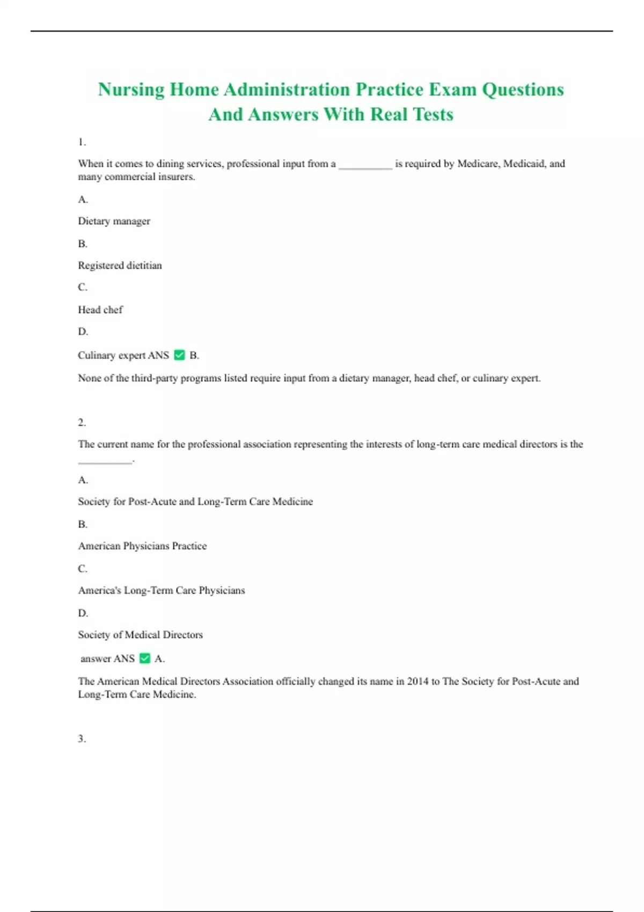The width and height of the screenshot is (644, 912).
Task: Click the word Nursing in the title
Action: click(x=131, y=90)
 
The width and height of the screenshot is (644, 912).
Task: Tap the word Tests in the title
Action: click(x=433, y=114)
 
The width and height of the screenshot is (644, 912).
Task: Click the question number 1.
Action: click(x=82, y=142)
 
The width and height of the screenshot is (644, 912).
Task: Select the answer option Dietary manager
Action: click(x=114, y=221)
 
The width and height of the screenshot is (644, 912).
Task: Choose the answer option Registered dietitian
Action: click(x=120, y=266)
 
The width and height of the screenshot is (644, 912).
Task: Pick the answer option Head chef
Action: click(x=100, y=310)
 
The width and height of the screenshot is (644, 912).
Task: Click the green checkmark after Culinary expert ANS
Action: click(x=180, y=355)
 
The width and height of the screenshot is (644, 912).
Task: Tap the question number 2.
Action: click(x=82, y=423)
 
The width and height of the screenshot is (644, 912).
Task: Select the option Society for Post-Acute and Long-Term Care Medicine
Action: click(x=195, y=502)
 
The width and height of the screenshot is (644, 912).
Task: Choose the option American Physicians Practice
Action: click(x=142, y=546)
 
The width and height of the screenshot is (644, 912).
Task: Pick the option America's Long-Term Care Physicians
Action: click(x=162, y=591)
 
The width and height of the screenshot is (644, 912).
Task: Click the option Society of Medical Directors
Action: click(x=140, y=635)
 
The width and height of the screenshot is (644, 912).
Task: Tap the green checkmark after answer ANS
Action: click(x=145, y=658)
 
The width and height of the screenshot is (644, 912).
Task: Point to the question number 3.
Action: click(x=82, y=739)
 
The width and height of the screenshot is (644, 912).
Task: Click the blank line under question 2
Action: click(x=105, y=461)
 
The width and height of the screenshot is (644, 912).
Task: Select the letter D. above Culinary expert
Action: click(x=83, y=332)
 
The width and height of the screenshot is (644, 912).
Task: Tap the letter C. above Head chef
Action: click(x=83, y=287)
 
